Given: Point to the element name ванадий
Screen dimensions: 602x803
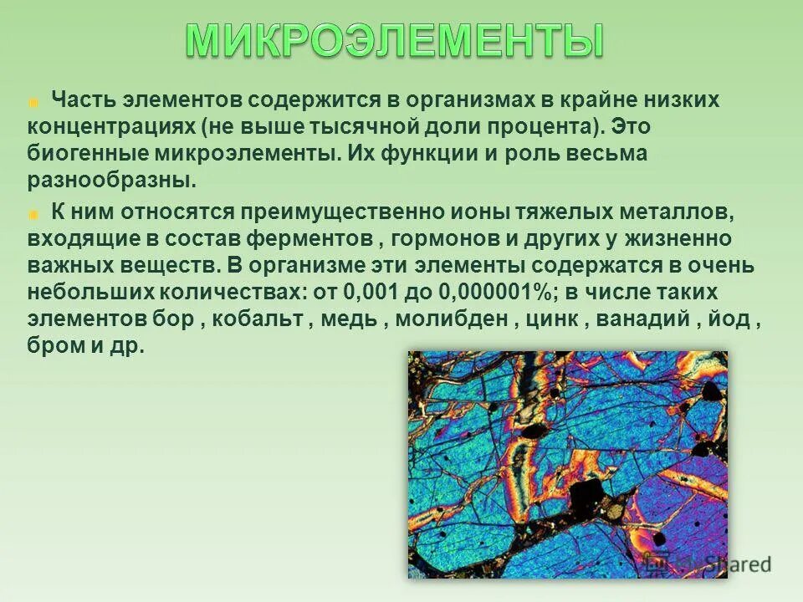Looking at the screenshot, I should [648, 319].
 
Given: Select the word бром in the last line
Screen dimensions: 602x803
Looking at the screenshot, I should [54, 346].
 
